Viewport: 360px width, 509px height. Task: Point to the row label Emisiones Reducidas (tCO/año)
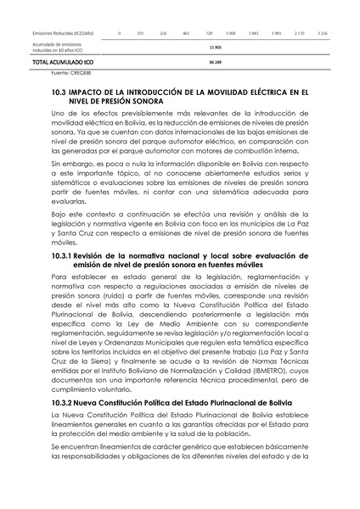pyautogui.click(x=65, y=32)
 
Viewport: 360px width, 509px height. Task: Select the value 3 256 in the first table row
pyautogui.click(x=323, y=32)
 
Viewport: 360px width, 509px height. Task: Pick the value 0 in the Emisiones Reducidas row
pyautogui.click(x=120, y=32)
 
